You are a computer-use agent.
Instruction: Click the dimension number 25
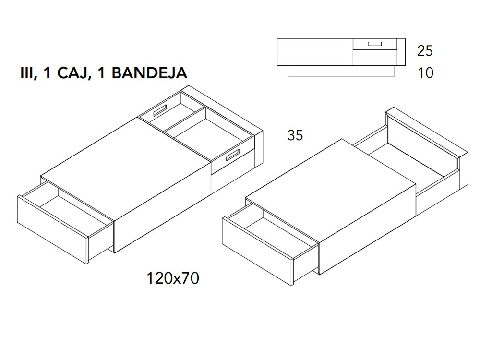425,50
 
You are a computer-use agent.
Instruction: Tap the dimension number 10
425,73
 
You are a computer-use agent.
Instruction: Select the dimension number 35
295,136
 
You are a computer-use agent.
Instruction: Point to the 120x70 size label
173,278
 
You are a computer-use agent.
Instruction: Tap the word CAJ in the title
73,73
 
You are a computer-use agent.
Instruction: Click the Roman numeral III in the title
27,73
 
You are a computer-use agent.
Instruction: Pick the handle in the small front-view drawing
375,44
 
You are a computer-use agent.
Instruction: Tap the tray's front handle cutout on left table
232,156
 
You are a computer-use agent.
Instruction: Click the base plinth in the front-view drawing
341,71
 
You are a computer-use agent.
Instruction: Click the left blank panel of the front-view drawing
315,52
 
